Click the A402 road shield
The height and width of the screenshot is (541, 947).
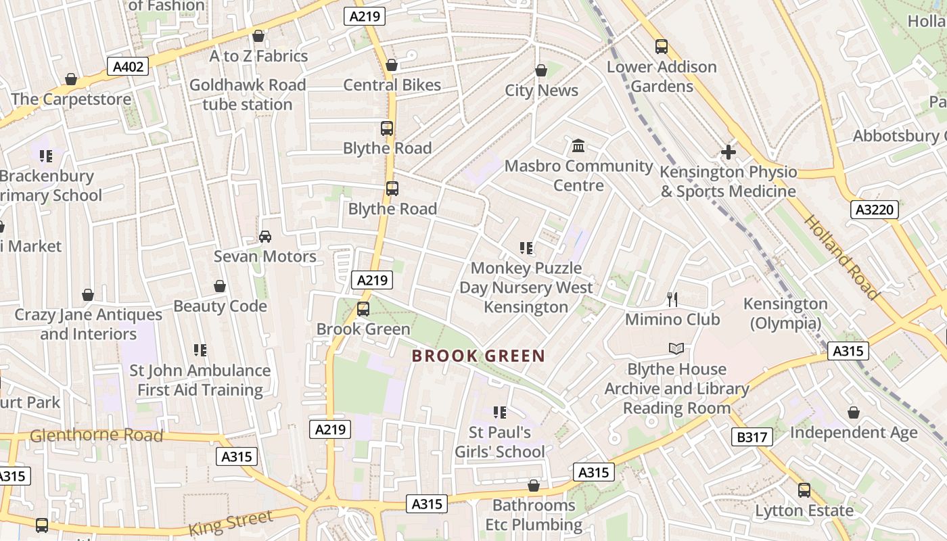tap(128, 66)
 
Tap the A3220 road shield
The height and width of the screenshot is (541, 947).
tap(875, 210)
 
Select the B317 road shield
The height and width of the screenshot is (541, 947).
tap(752, 437)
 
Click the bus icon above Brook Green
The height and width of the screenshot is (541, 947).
tap(363, 309)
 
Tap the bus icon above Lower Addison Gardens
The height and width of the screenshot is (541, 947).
tap(662, 47)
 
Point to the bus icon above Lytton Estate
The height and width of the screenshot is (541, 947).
tap(804, 490)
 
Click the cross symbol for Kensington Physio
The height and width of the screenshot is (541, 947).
tap(728, 152)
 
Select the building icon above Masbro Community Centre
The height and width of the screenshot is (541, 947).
tap(578, 145)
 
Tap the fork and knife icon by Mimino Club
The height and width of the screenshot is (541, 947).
tap(672, 299)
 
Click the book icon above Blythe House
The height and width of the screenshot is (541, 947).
tap(676, 349)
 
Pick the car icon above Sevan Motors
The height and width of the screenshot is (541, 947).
tap(265, 237)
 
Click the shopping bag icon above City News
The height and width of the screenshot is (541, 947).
tap(541, 70)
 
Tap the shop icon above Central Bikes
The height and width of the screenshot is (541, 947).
tap(391, 65)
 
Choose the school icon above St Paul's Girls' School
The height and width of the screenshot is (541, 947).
tap(500, 413)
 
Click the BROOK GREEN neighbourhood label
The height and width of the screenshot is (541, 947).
tap(478, 356)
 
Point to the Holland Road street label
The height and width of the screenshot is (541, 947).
tap(842, 257)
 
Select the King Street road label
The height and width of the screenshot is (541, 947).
tap(231, 523)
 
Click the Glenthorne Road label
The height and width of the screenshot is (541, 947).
tap(97, 435)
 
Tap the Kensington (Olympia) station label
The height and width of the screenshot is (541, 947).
tap(785, 313)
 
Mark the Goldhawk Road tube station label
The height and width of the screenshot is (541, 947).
tap(248, 95)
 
